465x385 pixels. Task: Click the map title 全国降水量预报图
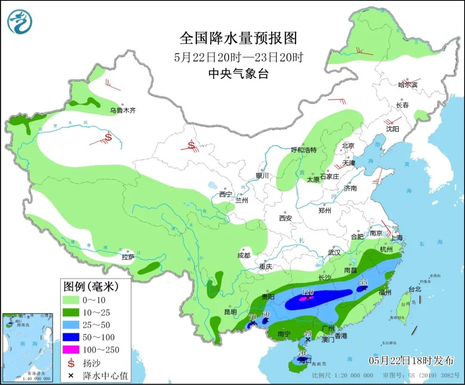point(238,38)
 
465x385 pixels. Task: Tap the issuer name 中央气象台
point(238,74)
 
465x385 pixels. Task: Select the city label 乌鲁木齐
point(122,111)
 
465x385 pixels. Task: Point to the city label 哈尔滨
point(407,85)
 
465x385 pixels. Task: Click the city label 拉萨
point(128,257)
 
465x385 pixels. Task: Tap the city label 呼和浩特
point(304,150)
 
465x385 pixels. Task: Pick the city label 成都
point(243,255)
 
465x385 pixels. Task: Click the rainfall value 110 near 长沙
point(307,292)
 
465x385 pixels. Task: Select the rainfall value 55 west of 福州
point(363,282)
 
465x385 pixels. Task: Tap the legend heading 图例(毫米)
point(91,286)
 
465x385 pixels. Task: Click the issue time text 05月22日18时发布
point(411,360)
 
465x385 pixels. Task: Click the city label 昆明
point(230,312)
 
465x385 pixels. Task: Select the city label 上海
point(396,238)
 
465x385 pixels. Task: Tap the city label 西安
point(285,218)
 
